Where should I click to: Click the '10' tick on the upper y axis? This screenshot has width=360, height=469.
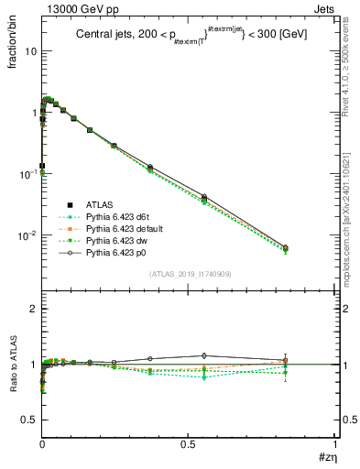point(29,50)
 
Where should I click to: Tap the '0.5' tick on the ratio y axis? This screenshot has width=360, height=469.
point(29,420)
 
